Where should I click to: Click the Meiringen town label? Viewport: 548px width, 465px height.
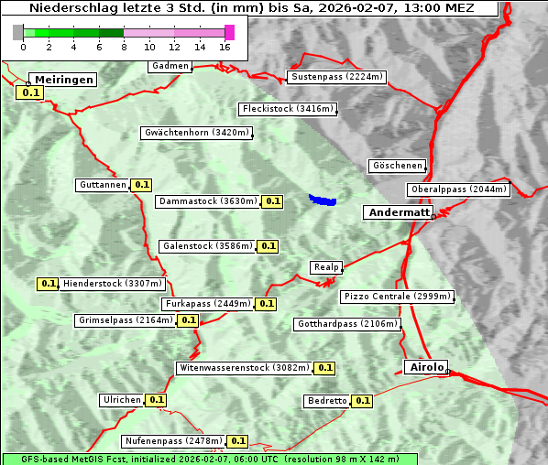[x=62, y=80]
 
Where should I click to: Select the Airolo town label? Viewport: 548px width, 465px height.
[x=426, y=367]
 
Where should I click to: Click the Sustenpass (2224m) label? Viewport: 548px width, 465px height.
[x=337, y=77]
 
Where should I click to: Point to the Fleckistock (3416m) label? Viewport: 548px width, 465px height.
[x=288, y=109]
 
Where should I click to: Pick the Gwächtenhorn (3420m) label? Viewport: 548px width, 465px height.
[x=196, y=133]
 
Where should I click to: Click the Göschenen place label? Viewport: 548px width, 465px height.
[x=397, y=166]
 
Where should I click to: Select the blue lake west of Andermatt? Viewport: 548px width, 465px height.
[x=322, y=199]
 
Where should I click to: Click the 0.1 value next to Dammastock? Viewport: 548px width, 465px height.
[x=273, y=201]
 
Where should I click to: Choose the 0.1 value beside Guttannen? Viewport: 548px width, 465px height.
[x=141, y=185]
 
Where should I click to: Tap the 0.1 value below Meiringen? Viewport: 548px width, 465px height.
[x=30, y=92]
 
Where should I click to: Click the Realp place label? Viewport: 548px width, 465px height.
[x=325, y=267]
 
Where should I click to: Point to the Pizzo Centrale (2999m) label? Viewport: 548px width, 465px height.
[x=396, y=297]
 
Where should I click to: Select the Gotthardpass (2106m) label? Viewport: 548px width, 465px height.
[x=347, y=324]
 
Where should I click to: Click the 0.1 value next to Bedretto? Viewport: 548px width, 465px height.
[x=363, y=401]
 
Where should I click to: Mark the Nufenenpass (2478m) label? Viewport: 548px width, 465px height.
[x=173, y=441]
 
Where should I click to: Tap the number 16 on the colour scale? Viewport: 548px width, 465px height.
[x=225, y=47]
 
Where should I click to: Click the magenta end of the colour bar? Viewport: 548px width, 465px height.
[x=229, y=32]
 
